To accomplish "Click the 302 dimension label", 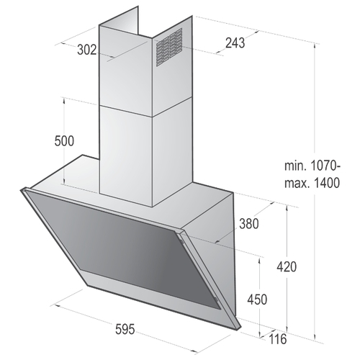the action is [87, 50].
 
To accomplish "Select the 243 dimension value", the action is [235, 43].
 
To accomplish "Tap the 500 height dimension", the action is [64, 141].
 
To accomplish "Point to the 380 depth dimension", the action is [249, 224].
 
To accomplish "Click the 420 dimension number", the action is [287, 266].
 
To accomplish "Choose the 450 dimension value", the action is [257, 300].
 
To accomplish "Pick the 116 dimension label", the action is [278, 339].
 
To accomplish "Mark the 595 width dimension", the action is [125, 329].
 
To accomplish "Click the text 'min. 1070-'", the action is [312, 166].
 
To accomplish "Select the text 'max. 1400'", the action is [312, 184].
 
